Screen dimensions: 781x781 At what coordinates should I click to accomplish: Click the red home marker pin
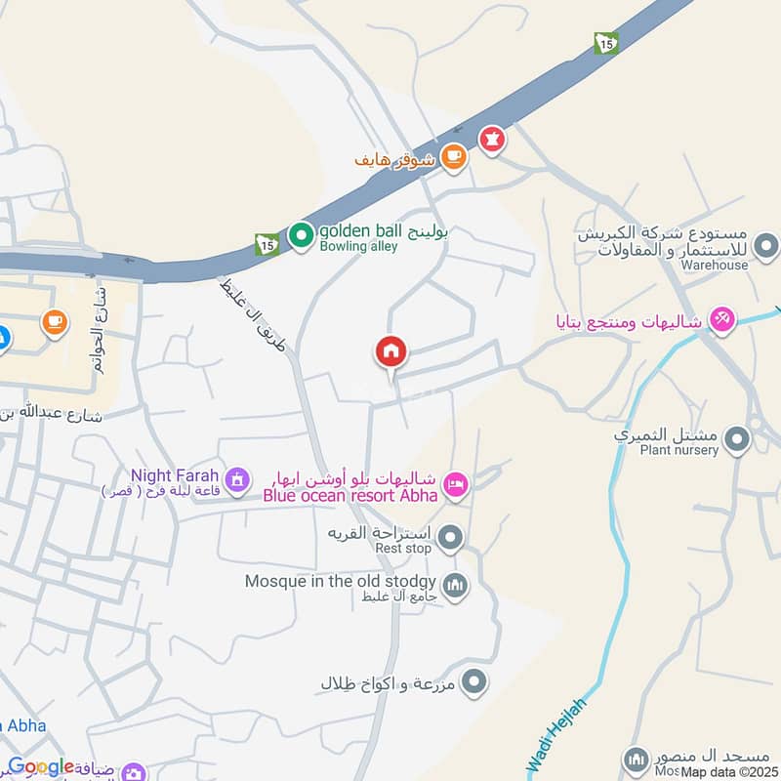[391, 351]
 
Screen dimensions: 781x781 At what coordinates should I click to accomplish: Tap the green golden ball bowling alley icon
[300, 234]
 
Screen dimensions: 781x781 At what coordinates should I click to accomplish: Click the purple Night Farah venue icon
[235, 478]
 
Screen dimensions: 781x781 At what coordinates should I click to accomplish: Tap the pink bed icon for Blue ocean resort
[455, 483]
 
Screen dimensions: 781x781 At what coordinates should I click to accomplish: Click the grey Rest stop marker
[450, 536]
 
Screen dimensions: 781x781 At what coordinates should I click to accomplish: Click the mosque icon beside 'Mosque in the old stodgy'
[455, 587]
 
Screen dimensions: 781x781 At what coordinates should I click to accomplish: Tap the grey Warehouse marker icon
[766, 243]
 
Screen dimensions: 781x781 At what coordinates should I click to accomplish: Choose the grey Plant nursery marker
[738, 440]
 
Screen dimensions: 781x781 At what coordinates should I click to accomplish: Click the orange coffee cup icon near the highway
[452, 156]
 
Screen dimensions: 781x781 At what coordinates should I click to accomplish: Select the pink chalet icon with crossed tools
[721, 318]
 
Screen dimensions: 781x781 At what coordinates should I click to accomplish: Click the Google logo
[41, 767]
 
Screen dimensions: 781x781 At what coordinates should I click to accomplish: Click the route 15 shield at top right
[606, 43]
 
